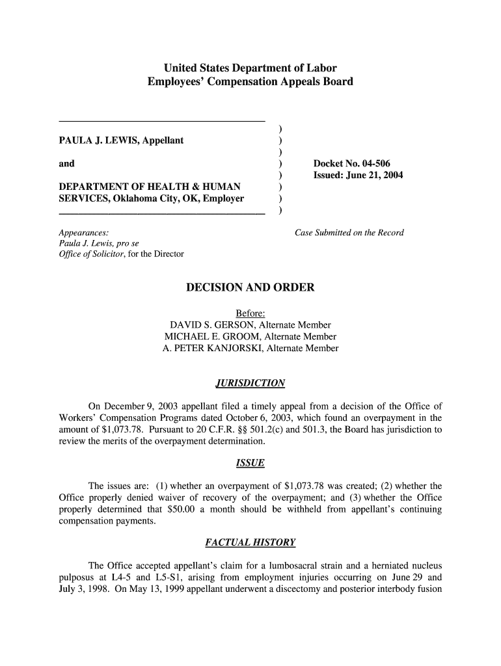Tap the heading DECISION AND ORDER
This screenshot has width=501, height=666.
tap(251, 287)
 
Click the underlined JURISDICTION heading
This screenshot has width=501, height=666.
tap(250, 383)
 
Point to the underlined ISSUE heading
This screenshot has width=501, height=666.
tap(250, 463)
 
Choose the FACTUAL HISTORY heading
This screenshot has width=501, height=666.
tap(250, 542)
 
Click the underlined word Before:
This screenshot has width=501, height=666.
tap(250, 313)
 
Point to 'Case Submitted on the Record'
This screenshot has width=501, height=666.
tap(349, 232)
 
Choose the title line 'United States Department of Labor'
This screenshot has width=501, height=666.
tap(250, 68)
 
